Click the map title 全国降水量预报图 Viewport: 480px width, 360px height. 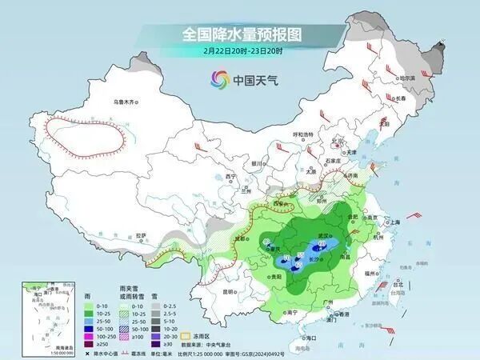click(x=239, y=34)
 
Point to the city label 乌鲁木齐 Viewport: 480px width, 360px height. click(x=126, y=102)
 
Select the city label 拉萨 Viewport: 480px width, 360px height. click(x=141, y=235)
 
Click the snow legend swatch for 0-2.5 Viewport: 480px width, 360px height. click(x=152, y=305)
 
